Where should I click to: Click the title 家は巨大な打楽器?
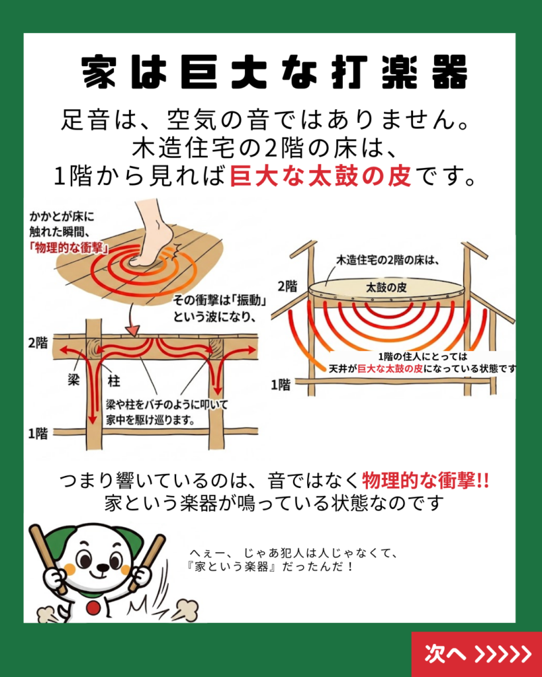[x=275, y=72]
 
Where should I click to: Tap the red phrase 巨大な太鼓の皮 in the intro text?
[x=320, y=176]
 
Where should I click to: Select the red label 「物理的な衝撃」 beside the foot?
[x=69, y=249]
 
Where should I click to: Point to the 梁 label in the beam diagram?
[x=74, y=379]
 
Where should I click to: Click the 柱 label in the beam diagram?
[x=114, y=381]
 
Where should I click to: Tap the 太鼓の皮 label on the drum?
[x=386, y=288]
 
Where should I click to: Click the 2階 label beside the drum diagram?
[x=288, y=286]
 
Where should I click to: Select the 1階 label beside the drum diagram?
[x=281, y=385]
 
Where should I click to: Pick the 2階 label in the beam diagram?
[x=38, y=343]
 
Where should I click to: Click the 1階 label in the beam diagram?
[x=38, y=434]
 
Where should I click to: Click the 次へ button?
[x=476, y=654]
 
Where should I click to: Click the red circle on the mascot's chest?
[x=93, y=608]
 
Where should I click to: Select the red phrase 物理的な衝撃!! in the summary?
[x=426, y=481]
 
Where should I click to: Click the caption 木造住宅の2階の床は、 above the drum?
[x=388, y=260]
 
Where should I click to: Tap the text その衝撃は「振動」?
[x=219, y=300]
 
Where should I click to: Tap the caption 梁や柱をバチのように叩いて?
[x=166, y=405]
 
